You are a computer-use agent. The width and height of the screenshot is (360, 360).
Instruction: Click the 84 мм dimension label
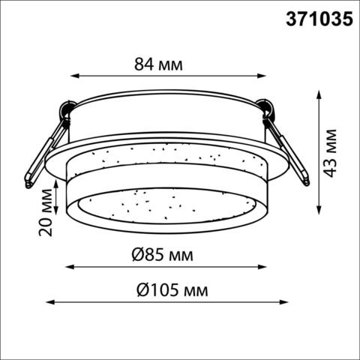pyautogui.click(x=158, y=64)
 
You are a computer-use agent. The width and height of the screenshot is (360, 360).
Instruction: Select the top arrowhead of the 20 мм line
pyautogui.click(x=57, y=181)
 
